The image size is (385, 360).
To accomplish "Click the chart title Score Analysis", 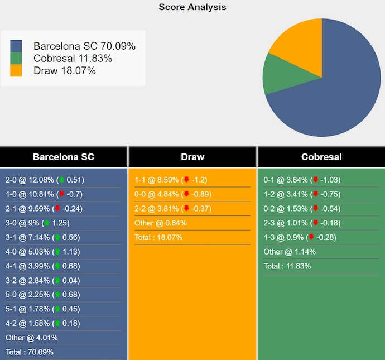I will point(192,7).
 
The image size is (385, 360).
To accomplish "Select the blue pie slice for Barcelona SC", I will point(335,95).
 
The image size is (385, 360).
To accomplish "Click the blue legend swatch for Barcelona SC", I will point(16,46).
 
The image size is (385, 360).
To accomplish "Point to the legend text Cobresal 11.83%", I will point(73,59).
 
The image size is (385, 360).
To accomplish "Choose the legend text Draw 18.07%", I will point(64,70).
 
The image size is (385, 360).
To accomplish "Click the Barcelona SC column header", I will point(64,157).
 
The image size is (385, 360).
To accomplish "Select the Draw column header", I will point(192,157).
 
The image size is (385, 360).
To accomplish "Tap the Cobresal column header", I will point(321,157).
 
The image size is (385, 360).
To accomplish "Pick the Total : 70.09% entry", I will point(29,352).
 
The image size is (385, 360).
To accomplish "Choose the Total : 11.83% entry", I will point(287,266).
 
